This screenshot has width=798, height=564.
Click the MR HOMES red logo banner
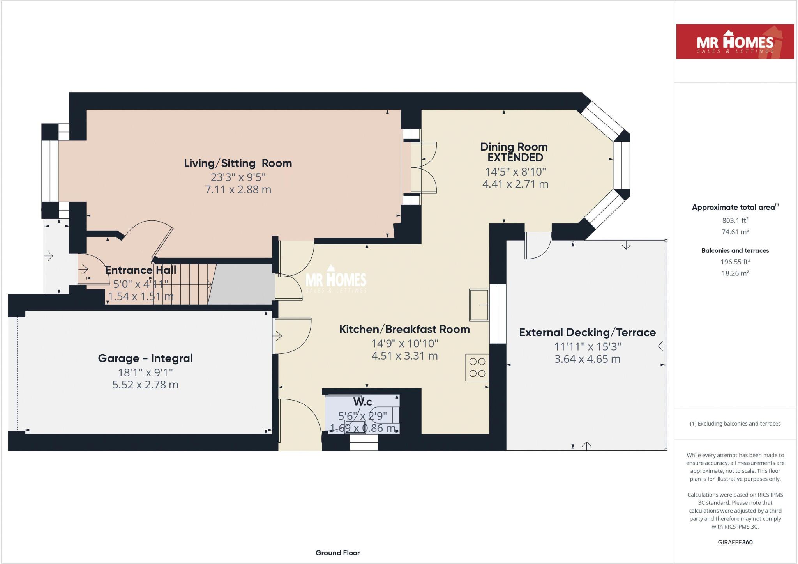pos(735,42)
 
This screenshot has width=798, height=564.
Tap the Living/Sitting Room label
pos(238,163)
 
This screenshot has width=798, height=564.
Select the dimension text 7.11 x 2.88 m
pos(238,190)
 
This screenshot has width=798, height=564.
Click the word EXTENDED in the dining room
pos(515,158)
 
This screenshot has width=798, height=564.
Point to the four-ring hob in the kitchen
pos(477,367)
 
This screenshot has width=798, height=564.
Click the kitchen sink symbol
pos(479,305)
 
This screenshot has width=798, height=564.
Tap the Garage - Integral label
pos(145,358)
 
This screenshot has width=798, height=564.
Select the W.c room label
pos(362,402)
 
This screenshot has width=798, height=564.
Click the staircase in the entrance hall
pos(183,284)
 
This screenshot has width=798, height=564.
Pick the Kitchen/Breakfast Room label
pos(404,329)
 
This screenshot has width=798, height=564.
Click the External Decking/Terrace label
pos(587,332)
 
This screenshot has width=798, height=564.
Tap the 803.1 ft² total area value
pos(735,220)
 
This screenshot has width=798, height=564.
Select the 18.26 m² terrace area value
pos(735,273)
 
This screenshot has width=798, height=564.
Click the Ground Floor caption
pos(337,553)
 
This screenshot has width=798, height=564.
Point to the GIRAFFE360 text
pos(735,542)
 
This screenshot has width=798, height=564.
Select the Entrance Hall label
pos(141,270)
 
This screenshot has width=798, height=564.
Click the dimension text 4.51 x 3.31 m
pos(404,356)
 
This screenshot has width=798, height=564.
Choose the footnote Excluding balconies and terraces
pos(735,424)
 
